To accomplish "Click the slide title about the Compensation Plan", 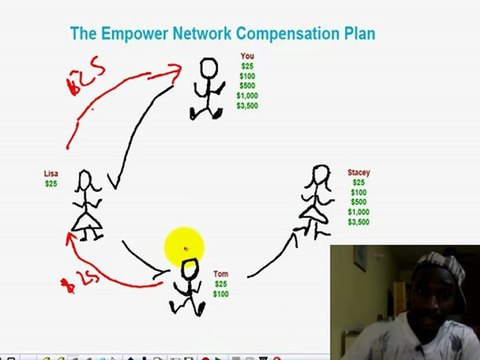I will click(x=222, y=34).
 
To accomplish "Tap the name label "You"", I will click(x=247, y=56).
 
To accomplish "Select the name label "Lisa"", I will click(x=51, y=173).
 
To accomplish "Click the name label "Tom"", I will click(x=220, y=274).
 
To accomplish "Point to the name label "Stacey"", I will click(x=358, y=173).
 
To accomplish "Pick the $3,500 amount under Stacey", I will click(x=358, y=222).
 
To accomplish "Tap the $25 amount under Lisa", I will click(x=51, y=184).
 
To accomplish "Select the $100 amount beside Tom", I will click(x=220, y=294).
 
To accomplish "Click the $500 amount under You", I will click(x=247, y=85).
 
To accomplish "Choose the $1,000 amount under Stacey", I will click(x=358, y=212).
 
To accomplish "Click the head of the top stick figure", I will click(x=208, y=68).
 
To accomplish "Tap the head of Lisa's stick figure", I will click(x=86, y=181).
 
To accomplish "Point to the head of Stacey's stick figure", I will click(x=322, y=176).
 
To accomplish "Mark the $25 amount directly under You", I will click(x=247, y=66).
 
